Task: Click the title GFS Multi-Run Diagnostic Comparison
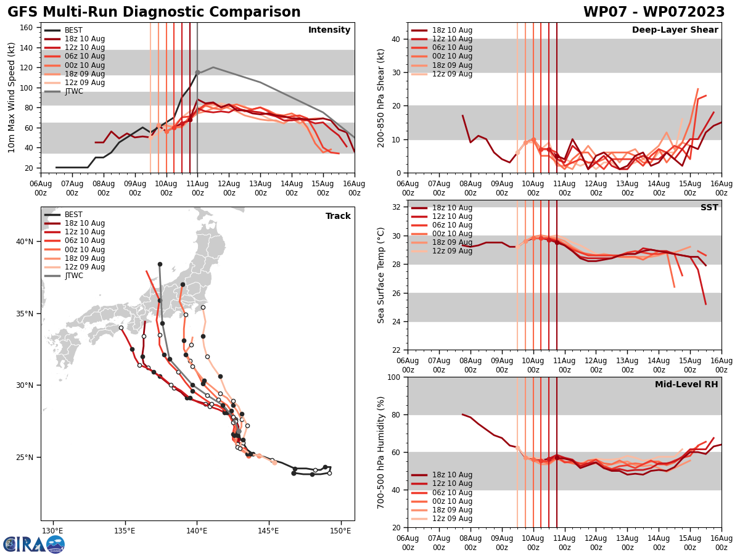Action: [x=154, y=12]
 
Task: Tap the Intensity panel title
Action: [x=329, y=30]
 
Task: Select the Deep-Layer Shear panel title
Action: [x=675, y=30]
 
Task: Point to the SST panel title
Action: [x=709, y=208]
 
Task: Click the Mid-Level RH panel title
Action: [x=686, y=385]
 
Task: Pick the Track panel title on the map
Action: [x=338, y=216]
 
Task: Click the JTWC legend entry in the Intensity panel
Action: [x=73, y=91]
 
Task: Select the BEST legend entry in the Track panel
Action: [x=73, y=215]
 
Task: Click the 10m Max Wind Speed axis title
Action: [x=12, y=97]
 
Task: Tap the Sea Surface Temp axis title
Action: [x=381, y=274]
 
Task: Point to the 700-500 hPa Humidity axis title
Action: [x=381, y=452]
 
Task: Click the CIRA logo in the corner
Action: [x=34, y=544]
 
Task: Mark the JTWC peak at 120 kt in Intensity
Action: [x=213, y=67]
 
